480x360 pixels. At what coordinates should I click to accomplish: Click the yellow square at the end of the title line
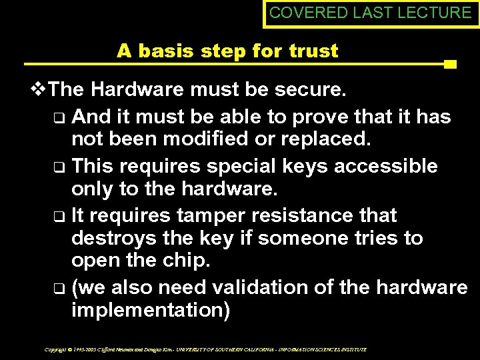450,65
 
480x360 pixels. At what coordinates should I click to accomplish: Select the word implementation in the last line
151,311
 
